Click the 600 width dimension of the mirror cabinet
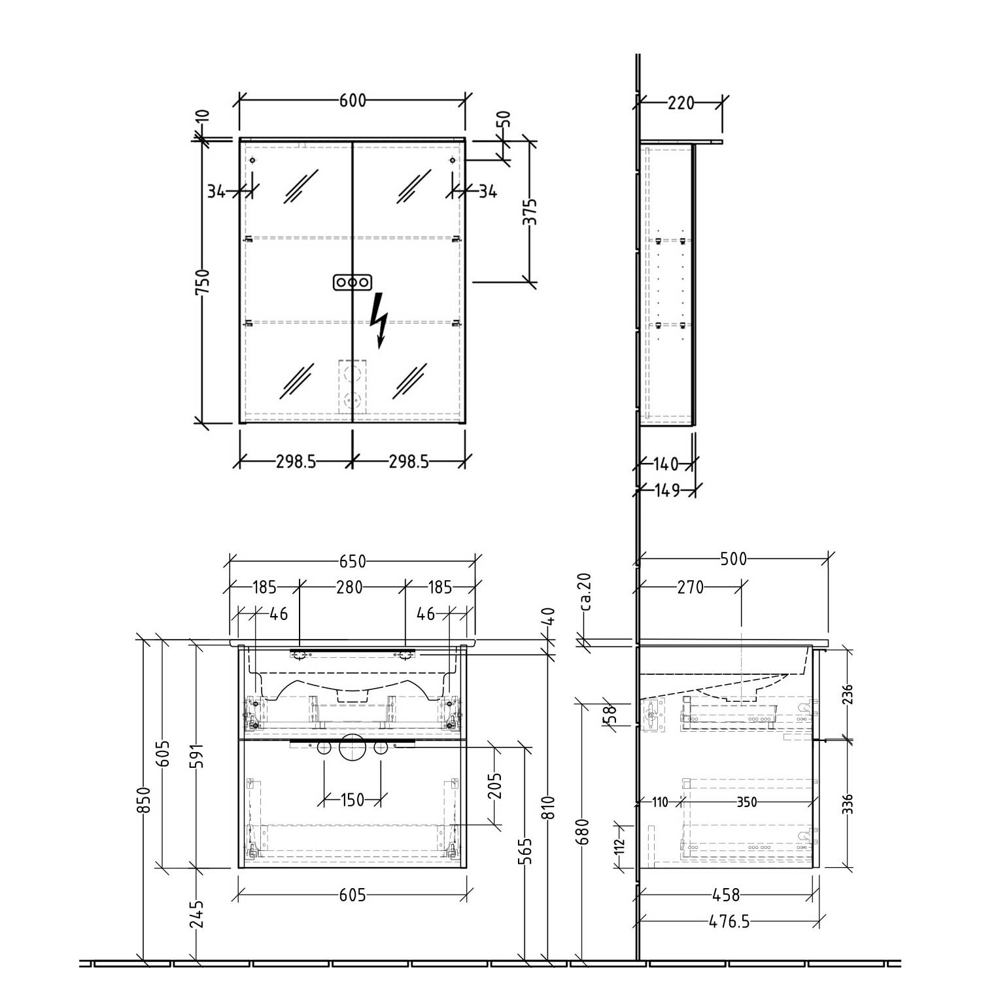pyautogui.click(x=353, y=101)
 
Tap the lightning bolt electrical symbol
pyautogui.click(x=379, y=320)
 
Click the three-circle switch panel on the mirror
pyautogui.click(x=352, y=282)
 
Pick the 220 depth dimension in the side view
pyautogui.click(x=680, y=103)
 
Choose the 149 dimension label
pyautogui.click(x=667, y=490)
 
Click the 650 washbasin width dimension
pyautogui.click(x=353, y=562)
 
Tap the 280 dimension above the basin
pyautogui.click(x=349, y=587)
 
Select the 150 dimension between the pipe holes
pyautogui.click(x=352, y=799)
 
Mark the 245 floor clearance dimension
pyautogui.click(x=198, y=914)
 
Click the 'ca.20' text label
pyautogui.click(x=585, y=592)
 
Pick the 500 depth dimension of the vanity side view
pyautogui.click(x=733, y=559)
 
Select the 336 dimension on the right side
pyautogui.click(x=848, y=803)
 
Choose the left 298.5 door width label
pyautogui.click(x=296, y=462)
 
